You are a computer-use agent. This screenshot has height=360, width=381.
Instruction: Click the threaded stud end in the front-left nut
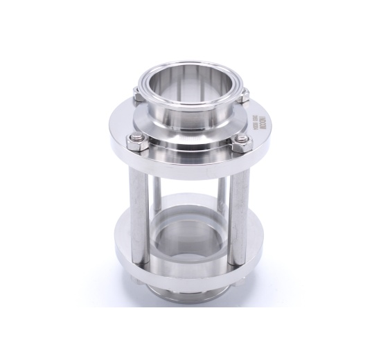coord(136,138)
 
